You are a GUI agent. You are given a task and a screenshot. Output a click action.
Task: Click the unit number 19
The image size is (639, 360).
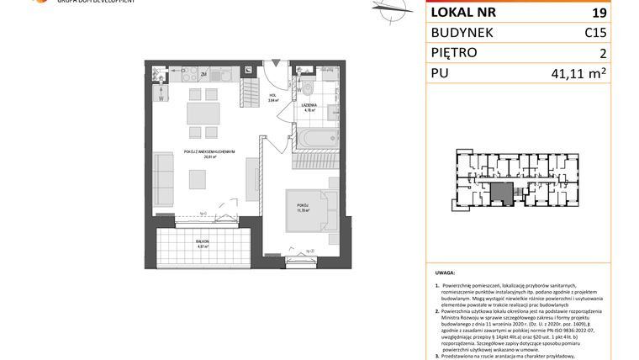coord(599,13)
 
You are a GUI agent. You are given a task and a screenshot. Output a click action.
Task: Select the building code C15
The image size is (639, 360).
coord(595,33)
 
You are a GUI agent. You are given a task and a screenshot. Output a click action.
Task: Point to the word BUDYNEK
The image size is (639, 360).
coord(462,33)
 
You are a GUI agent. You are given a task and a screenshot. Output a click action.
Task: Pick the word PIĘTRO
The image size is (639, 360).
coord(454,53)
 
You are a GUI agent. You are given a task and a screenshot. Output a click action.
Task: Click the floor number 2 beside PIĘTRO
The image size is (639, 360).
coord(602,53)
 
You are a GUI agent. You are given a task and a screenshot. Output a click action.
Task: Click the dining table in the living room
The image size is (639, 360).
coord(203,113)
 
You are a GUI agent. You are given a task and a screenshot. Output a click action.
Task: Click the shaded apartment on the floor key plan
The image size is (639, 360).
coord(502,193)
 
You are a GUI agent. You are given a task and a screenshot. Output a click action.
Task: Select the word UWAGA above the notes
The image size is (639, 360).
coord(446,273)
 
